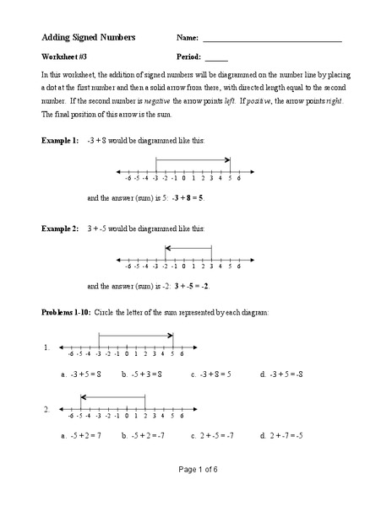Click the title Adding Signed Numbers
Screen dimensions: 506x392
pos(89,39)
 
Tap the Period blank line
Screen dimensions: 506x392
pos(216,59)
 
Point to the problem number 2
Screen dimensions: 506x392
pos(46,410)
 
